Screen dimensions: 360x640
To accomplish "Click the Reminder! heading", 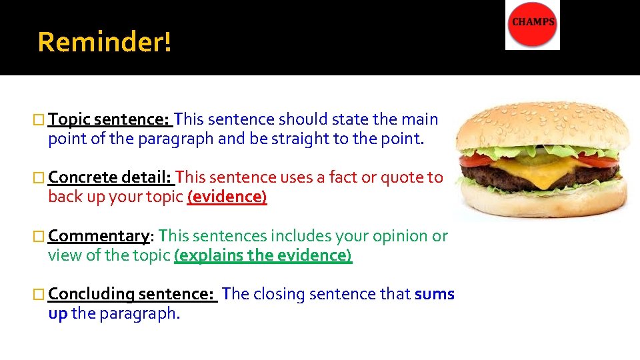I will tap(105, 42).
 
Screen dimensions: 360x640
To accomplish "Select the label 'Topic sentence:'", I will tap(110, 119).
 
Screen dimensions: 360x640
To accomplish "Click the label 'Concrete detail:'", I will tap(110, 177).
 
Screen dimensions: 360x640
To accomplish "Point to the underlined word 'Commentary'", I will tap(99, 236).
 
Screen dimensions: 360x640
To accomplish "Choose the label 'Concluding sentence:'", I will tap(131, 294).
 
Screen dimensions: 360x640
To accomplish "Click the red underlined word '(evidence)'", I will tap(227, 197).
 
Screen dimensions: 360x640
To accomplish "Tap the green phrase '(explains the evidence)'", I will tap(263, 255).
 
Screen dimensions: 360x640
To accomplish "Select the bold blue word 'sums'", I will tap(435, 294).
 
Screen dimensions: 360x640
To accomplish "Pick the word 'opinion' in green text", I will tap(394, 236).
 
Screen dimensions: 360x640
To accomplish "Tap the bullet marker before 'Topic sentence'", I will tap(41, 120).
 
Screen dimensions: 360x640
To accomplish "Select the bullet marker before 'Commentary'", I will tap(41, 237).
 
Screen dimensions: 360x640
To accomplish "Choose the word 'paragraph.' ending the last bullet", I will tap(139, 313).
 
